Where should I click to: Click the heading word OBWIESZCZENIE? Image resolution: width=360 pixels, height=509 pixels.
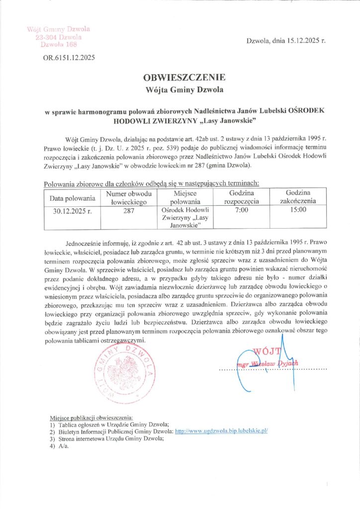pos(184,78)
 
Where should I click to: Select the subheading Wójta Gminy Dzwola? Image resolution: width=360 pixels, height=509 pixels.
pos(184,90)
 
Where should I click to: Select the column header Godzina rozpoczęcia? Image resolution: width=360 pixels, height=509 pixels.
pos(242,197)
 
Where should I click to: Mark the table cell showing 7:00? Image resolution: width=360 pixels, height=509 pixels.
pos(242,211)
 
